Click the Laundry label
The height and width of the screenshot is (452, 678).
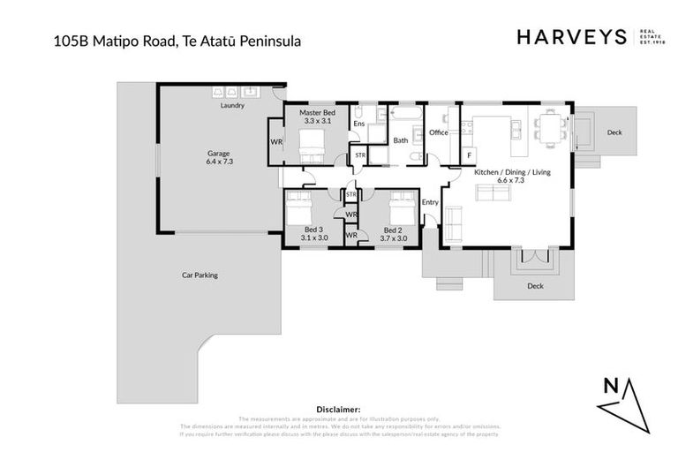[232, 105]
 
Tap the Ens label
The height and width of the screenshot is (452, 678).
[359, 124]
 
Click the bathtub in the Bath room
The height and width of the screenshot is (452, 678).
[404, 116]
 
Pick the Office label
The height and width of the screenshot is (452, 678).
[439, 132]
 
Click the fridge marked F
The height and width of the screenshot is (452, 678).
[470, 155]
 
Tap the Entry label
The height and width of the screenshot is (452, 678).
[430, 202]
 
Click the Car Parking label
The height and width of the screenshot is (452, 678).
[200, 275]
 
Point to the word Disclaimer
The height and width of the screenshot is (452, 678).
[338, 409]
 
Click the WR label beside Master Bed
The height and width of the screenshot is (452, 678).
[276, 141]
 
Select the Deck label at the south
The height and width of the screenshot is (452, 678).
[535, 285]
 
